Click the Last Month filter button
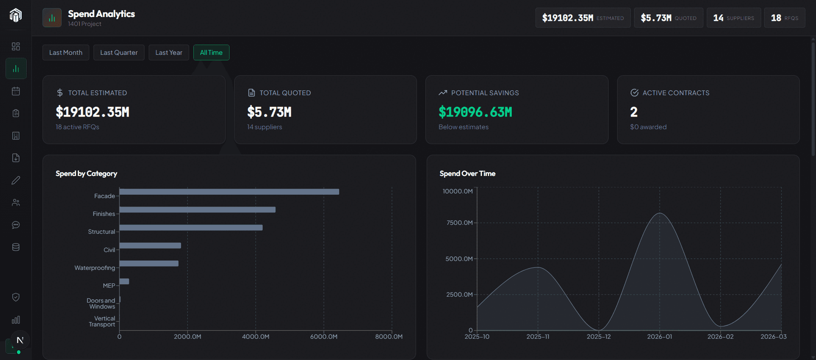tap(66, 53)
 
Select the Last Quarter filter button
tap(119, 53)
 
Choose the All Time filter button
tap(211, 53)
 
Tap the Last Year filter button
tap(169, 53)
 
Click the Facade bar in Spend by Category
tap(229, 192)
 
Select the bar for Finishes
tap(197, 210)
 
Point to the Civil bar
tap(150, 246)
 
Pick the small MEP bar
tap(124, 281)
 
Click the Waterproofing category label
tap(94, 268)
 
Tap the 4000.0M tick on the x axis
tap(255, 337)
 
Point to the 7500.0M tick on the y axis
tap(459, 223)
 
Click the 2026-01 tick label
tap(660, 337)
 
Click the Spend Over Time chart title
tap(467, 173)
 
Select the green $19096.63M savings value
tap(475, 112)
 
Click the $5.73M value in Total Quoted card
tap(269, 112)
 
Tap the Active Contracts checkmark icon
tap(635, 93)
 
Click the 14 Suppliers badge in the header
tap(734, 18)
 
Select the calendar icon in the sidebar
tap(16, 91)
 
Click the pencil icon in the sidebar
tap(16, 180)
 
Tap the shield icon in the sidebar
tap(16, 297)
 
